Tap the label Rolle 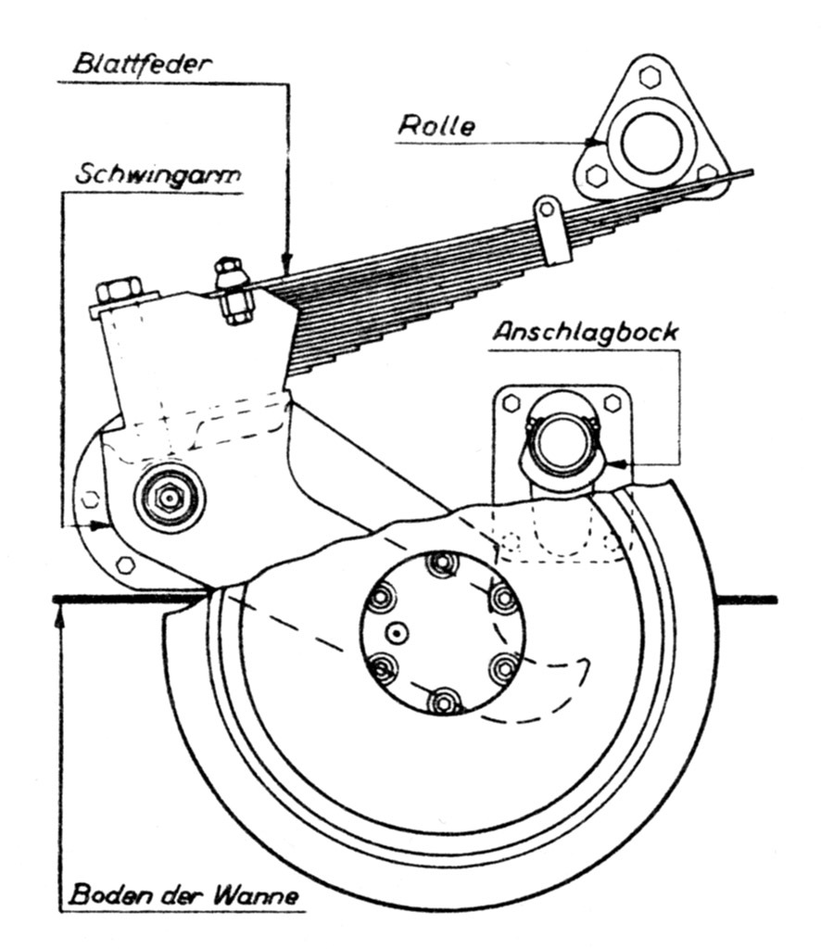436,126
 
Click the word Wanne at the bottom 264,898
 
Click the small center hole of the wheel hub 397,633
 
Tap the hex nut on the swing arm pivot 168,498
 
